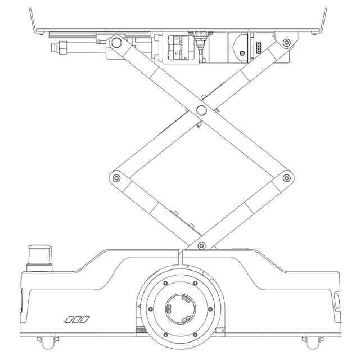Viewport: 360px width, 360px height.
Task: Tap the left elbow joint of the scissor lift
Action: click(116, 178)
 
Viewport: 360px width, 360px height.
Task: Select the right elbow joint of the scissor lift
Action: click(287, 178)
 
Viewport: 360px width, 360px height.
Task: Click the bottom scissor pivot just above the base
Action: click(201, 245)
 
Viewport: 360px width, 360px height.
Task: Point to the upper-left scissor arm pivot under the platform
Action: click(116, 42)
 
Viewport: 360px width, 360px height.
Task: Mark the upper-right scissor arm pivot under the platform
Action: click(287, 42)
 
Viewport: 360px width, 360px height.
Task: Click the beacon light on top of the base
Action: click(40, 256)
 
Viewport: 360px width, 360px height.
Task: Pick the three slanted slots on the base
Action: click(77, 319)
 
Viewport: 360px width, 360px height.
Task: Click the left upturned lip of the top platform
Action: click(33, 20)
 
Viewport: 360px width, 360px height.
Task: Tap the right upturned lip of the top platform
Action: click(323, 20)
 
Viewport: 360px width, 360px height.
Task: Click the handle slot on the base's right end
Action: click(336, 300)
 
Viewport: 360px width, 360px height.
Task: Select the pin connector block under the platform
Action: click(258, 47)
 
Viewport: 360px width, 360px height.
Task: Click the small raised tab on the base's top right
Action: click(240, 248)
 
